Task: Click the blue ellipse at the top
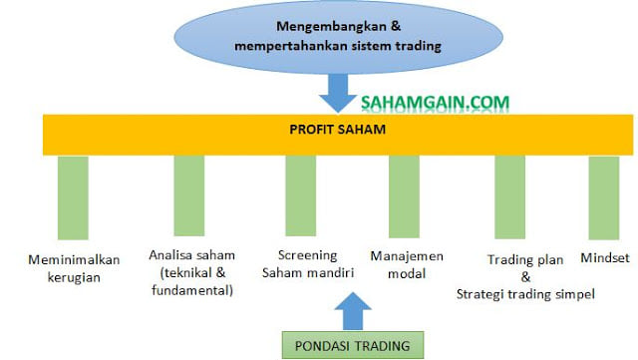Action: [x=339, y=37]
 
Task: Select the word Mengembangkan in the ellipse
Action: [x=331, y=27]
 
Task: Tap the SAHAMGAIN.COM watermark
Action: [x=435, y=103]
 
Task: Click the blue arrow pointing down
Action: [x=338, y=94]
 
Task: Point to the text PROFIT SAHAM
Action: [x=337, y=130]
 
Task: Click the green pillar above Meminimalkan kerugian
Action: [x=73, y=197]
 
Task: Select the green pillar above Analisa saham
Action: [x=189, y=195]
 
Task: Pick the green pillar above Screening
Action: [x=301, y=195]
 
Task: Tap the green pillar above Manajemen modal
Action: [x=404, y=196]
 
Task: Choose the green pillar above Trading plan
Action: [x=509, y=197]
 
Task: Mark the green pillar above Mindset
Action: [x=604, y=197]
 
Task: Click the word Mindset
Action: [x=605, y=257]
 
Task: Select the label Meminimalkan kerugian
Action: [x=74, y=269]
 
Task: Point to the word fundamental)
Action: [x=192, y=290]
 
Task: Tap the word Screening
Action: [x=308, y=255]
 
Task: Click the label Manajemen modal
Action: [x=407, y=264]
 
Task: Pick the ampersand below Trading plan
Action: [x=525, y=277]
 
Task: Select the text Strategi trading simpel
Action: [x=525, y=294]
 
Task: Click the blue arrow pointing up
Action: [x=353, y=311]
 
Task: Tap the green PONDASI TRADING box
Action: [x=353, y=345]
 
